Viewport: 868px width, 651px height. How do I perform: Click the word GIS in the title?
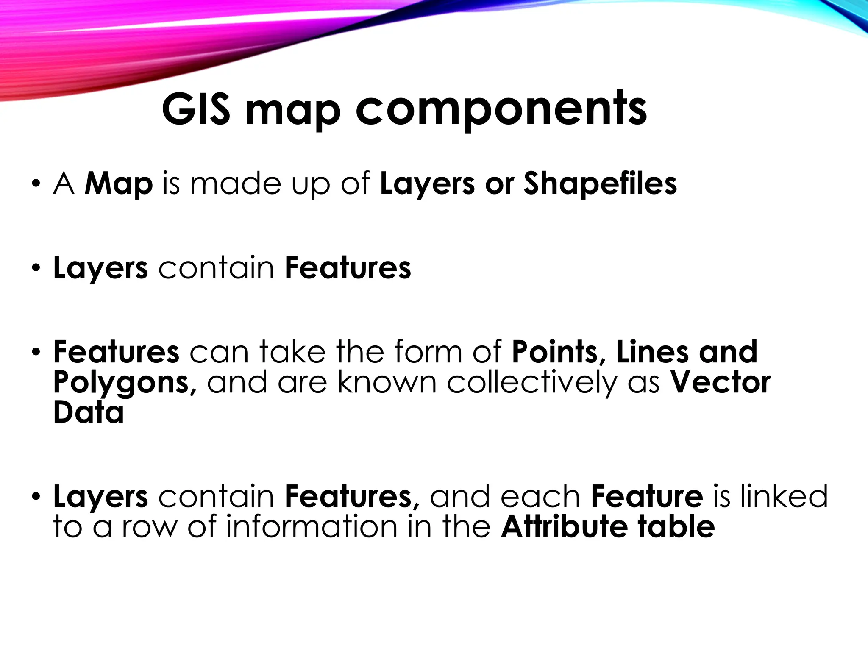point(196,110)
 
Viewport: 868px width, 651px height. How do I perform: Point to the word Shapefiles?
point(600,184)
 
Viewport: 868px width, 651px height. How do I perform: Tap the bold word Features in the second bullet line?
point(348,268)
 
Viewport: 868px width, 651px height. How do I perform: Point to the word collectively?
point(532,383)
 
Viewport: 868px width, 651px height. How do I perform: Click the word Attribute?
point(564,527)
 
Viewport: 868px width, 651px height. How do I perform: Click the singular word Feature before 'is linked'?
point(647,496)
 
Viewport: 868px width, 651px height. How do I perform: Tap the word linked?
point(784,496)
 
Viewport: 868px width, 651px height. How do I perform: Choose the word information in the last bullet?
point(312,527)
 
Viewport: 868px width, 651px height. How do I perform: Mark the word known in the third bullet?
point(387,383)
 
